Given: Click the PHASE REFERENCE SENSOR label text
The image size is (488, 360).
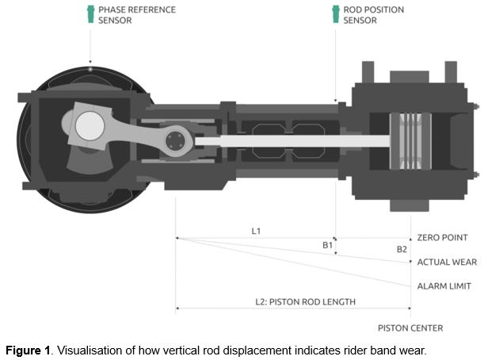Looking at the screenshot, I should click(x=136, y=15).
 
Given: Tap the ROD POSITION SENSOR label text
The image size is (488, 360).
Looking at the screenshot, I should click(x=373, y=15).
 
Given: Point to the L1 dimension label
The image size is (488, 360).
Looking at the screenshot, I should click(x=256, y=232).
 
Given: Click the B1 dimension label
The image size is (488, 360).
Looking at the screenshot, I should click(x=326, y=246).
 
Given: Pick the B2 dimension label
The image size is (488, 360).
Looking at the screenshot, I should click(x=402, y=249).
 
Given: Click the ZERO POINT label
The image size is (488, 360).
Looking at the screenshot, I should click(x=442, y=238).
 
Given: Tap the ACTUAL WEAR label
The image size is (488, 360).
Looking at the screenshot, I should click(x=446, y=262).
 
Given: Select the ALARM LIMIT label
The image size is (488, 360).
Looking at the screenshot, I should click(x=444, y=286).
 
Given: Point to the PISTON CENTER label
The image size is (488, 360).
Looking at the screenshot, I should click(x=410, y=328).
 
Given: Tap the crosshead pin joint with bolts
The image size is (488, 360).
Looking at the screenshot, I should click(x=175, y=142).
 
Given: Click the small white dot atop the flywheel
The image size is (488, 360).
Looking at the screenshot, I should click(x=90, y=70).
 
